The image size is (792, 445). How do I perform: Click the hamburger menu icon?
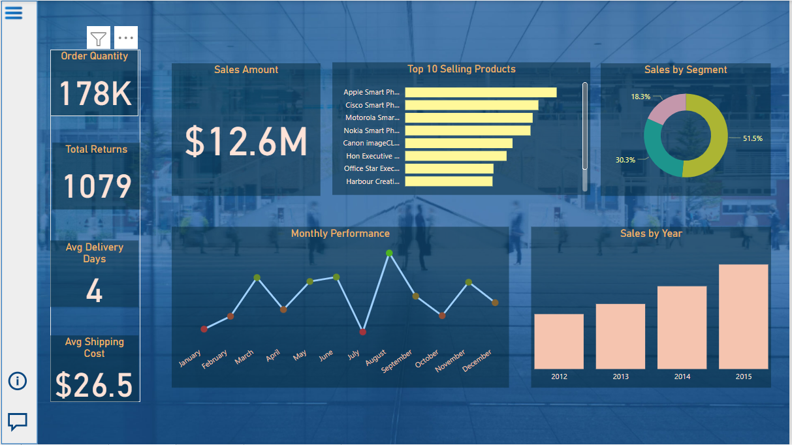[14, 12]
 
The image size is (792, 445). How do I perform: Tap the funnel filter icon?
[99, 38]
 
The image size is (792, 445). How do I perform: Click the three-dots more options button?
[126, 38]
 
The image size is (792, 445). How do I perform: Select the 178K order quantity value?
[95, 94]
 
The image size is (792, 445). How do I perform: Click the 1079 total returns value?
[97, 187]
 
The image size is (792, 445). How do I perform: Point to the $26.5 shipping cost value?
[94, 385]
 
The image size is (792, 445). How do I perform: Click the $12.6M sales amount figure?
[246, 142]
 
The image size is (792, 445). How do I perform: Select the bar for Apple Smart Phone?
[481, 93]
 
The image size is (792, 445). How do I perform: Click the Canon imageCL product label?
[372, 143]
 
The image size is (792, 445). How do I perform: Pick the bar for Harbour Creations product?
[449, 181]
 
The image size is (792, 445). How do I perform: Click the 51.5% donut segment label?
[752, 138]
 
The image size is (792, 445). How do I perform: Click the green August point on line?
[389, 253]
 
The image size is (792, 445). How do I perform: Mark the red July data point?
[363, 331]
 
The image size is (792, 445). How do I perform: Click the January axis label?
[190, 358]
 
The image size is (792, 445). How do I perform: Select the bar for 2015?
[743, 316]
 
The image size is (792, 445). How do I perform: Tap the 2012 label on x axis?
[559, 376]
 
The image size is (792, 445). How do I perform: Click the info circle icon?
[18, 381]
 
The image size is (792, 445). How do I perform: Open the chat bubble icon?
[18, 422]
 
